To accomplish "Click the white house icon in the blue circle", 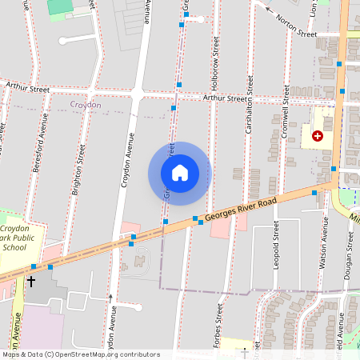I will pos(179,172).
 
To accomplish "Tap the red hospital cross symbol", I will pos(318,136).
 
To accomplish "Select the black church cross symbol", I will pos(31,282).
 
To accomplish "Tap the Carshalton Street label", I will pos(250,105).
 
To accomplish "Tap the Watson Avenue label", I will pos(325,244).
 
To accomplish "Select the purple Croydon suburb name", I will pos(86,105).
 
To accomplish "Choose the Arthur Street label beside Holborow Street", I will pos(226,98).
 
